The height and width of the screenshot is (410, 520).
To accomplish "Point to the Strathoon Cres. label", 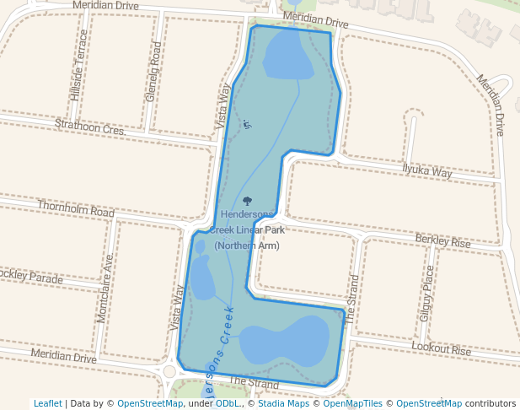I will [89, 127].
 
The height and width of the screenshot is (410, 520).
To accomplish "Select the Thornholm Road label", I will [75, 208].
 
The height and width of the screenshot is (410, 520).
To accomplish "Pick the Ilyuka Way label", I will [426, 171].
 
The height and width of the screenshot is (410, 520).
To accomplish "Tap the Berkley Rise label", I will [442, 241].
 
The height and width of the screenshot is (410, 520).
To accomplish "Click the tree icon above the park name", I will [248, 201].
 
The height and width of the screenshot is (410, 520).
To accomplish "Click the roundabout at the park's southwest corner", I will [169, 371].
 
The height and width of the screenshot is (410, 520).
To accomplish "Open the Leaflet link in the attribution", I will [47, 403].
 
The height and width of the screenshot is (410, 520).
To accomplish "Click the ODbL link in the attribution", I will [228, 403].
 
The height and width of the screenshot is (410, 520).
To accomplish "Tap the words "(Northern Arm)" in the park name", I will [246, 245].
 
